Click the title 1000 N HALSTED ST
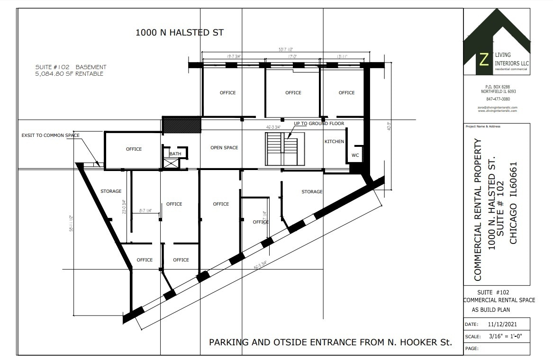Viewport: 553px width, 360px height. [180, 33]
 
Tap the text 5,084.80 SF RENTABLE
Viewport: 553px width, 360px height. [69, 74]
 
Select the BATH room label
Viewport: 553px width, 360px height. [175, 153]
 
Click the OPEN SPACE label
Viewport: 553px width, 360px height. [224, 148]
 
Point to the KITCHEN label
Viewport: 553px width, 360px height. [334, 142]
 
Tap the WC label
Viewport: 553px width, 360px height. [355, 155]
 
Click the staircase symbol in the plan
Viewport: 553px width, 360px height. [282, 149]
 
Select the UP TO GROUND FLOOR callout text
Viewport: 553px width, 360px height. [319, 124]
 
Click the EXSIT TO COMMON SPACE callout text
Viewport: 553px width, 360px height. [51, 135]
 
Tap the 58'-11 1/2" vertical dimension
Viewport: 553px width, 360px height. [71, 224]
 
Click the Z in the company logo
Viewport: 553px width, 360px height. [484, 59]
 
